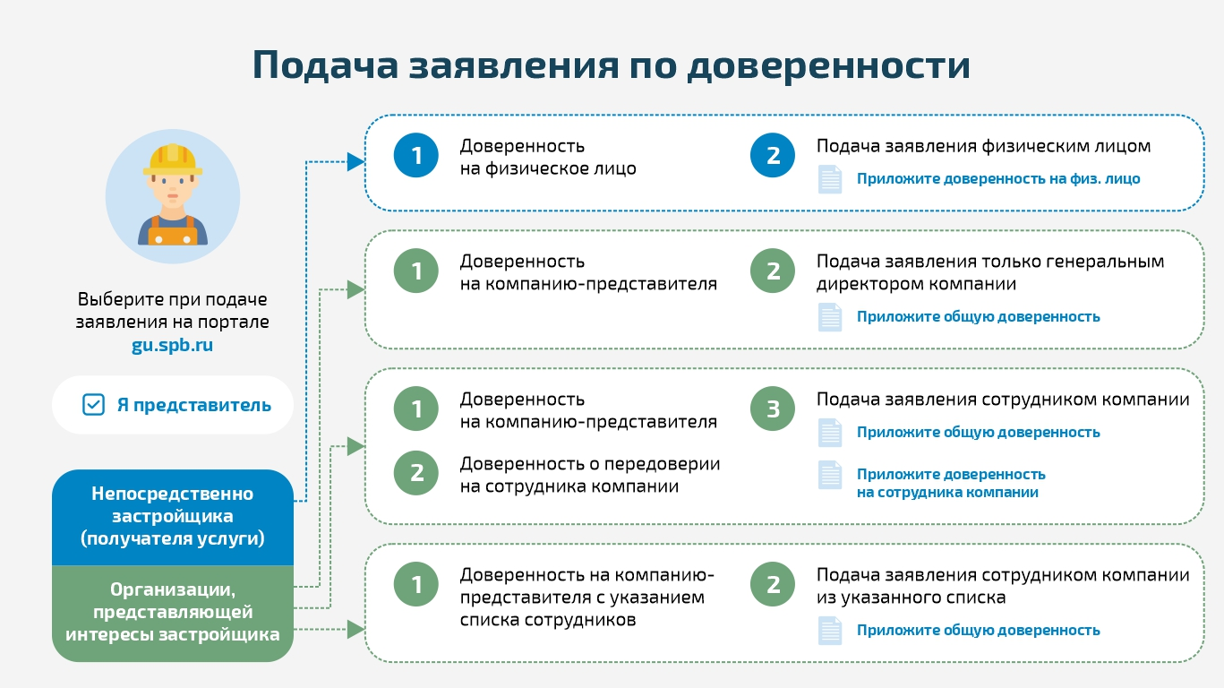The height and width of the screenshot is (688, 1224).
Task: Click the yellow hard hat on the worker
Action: tap(172, 159)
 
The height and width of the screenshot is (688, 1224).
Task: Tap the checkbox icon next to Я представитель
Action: tap(93, 405)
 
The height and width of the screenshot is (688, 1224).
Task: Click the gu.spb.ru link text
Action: tap(172, 345)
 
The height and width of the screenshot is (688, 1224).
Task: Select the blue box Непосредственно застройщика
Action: tap(172, 517)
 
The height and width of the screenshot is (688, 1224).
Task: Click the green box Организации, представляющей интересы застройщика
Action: tap(172, 613)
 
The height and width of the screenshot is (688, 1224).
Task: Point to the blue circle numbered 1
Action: tap(416, 156)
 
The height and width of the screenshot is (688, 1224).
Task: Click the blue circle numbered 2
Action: tap(773, 156)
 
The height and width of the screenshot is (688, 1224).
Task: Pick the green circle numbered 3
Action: tap(773, 409)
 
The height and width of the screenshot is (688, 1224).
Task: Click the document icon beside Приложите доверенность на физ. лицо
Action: tap(830, 179)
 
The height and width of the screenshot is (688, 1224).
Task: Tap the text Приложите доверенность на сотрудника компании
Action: tap(950, 483)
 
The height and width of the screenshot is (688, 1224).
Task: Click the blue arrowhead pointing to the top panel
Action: tap(355, 162)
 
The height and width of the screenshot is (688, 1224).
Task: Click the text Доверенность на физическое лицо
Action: tap(547, 157)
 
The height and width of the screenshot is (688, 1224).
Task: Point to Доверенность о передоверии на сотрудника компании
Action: tap(589, 475)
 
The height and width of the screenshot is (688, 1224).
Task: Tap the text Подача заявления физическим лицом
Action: tap(983, 146)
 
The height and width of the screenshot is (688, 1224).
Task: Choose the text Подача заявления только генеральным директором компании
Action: tap(989, 272)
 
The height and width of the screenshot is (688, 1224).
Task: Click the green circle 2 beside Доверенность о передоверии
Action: tap(416, 473)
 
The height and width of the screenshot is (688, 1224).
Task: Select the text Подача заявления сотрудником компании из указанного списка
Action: tap(1002, 586)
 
